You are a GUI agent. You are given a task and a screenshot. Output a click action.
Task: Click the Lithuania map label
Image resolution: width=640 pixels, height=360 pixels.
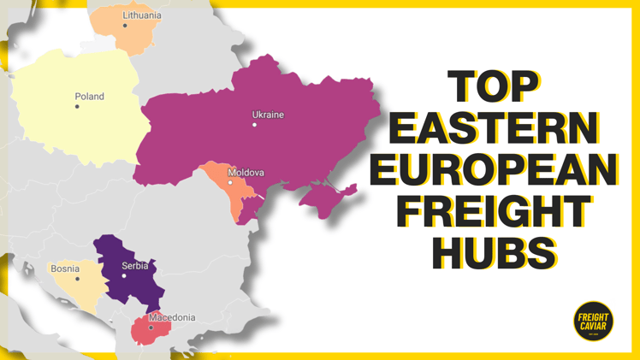141,15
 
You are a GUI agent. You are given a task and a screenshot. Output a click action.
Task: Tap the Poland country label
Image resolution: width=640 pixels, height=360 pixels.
89,97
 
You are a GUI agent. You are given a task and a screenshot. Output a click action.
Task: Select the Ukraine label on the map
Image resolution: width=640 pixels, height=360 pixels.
268,115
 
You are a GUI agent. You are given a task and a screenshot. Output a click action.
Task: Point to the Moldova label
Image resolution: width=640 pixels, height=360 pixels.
246,173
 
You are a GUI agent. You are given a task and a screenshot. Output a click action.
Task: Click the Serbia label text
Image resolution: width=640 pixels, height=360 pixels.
134,266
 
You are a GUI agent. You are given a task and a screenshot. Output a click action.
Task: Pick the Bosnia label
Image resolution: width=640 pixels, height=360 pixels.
65,269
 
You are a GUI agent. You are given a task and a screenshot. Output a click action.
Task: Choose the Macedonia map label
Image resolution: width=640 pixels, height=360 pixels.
172,317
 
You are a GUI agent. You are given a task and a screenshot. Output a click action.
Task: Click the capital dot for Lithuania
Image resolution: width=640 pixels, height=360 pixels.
125,26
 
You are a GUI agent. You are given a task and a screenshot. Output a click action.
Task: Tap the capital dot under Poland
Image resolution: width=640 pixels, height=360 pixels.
77,107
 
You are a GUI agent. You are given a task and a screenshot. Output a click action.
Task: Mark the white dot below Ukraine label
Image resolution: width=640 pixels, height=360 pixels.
254,125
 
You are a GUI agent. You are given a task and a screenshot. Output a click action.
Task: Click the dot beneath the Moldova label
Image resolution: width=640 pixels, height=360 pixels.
230,183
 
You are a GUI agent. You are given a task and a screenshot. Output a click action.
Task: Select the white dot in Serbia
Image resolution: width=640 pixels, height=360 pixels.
124,275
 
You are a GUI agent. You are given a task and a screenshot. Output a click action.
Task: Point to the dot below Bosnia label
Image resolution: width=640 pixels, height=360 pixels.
77,279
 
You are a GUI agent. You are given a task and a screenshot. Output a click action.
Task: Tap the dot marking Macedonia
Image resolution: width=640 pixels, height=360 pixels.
151,328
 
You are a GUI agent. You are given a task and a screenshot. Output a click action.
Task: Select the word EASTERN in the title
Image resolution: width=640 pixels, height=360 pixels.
495,129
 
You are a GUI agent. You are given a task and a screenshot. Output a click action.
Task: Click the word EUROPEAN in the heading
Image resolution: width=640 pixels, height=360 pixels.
495,169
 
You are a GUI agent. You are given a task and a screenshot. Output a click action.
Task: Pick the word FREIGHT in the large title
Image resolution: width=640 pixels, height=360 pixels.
495,210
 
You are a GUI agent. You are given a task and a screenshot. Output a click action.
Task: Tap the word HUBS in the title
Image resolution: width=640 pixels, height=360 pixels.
495,251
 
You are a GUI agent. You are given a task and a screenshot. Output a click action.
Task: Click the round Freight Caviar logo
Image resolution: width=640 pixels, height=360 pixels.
592,321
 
